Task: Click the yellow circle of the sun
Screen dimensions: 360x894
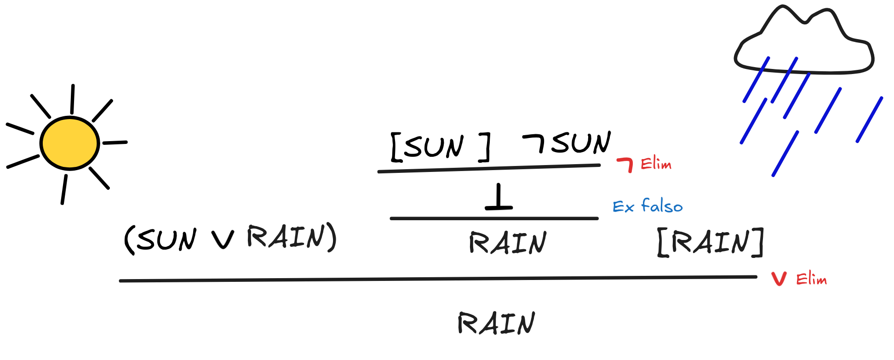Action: [x=69, y=143]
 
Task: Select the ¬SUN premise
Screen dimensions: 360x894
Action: [x=567, y=143]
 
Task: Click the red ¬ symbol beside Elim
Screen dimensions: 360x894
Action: [x=626, y=164]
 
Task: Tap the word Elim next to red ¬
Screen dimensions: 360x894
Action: [x=656, y=164]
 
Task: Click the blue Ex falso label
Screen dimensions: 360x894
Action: [x=648, y=206]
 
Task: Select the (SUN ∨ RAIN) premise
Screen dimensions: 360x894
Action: [x=230, y=239]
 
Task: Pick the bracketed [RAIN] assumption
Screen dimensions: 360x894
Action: [x=711, y=242]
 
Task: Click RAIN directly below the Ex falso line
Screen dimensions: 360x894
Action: [x=508, y=243]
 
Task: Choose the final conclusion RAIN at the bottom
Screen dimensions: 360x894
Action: [x=497, y=323]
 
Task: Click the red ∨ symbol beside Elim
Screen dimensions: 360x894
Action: [x=779, y=279]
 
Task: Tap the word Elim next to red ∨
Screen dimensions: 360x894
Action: [x=811, y=279]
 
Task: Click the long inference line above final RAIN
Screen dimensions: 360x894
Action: [x=437, y=279]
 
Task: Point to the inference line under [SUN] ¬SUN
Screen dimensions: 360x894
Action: [x=488, y=168]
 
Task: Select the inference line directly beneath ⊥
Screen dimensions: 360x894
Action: [x=494, y=218]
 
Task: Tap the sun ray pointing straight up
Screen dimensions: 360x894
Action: [x=72, y=99]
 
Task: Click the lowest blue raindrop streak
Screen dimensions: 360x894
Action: [x=785, y=154]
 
